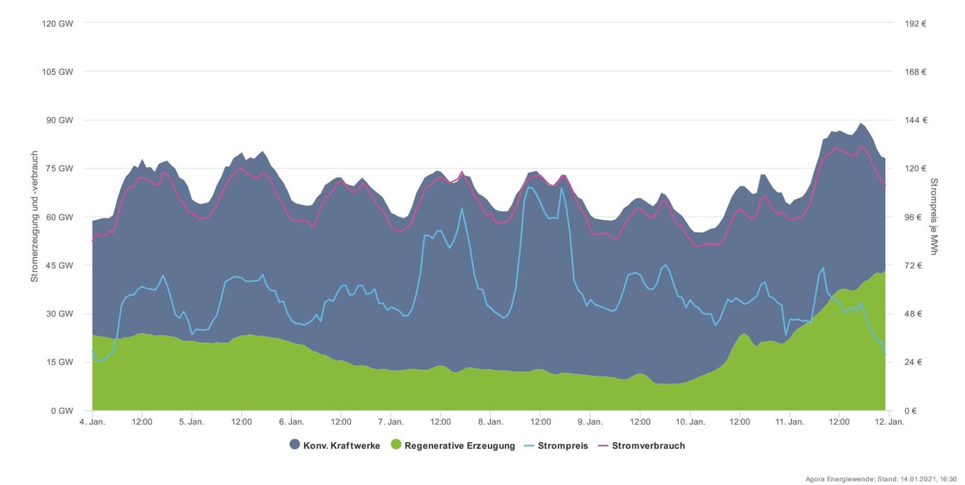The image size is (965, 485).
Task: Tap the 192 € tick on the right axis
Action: (915, 23)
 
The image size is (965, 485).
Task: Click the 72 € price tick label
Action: (912, 266)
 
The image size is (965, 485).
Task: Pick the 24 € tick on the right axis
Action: (912, 362)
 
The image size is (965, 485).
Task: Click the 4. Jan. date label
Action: (92, 422)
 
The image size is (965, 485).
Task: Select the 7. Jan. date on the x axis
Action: (391, 422)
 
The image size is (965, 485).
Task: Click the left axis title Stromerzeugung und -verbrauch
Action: (35, 217)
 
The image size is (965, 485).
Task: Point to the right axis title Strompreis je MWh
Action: (934, 217)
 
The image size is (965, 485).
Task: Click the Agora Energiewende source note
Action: (881, 479)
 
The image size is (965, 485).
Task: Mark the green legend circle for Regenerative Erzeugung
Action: (395, 445)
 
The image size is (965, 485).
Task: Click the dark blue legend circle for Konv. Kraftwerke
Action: (295, 445)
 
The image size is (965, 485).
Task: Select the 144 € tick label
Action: (915, 120)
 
